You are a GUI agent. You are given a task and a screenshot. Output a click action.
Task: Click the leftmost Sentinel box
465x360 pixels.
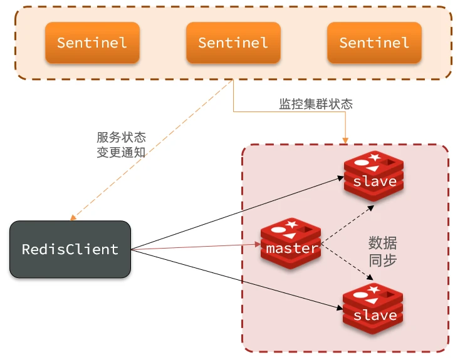(x=92, y=43)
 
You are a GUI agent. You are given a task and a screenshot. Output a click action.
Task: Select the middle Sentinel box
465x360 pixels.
(x=233, y=43)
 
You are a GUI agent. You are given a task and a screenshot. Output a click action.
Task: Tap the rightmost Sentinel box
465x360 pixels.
(x=374, y=43)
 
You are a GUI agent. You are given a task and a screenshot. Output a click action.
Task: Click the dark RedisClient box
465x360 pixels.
(x=70, y=249)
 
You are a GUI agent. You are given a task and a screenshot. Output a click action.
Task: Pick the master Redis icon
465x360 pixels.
(x=291, y=244)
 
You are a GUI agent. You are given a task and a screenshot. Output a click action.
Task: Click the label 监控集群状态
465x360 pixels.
(x=316, y=104)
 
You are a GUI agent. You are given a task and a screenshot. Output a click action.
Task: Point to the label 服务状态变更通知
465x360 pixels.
(x=121, y=144)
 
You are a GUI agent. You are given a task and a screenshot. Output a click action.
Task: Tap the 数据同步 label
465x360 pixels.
(x=382, y=251)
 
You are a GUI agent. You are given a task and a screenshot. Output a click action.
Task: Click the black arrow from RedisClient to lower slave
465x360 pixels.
(x=238, y=279)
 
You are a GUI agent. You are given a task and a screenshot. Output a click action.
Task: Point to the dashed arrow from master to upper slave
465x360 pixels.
(x=348, y=221)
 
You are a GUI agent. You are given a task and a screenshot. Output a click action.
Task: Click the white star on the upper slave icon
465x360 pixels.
(x=375, y=157)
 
